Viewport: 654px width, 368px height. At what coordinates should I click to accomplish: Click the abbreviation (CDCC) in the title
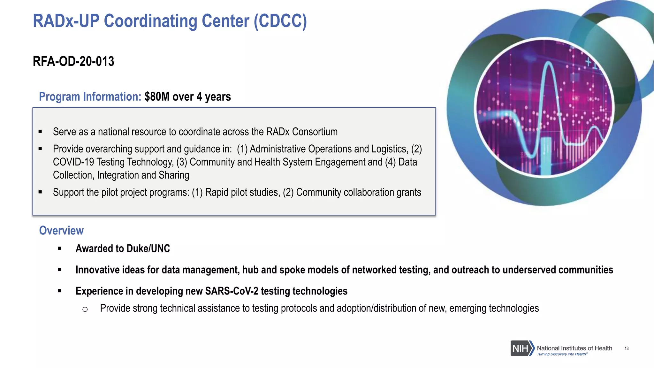[280, 21]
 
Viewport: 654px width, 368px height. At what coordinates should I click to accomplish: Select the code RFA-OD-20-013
[73, 61]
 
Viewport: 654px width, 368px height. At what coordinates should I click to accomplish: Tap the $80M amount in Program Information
[157, 96]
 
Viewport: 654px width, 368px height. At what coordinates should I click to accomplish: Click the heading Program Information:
[90, 96]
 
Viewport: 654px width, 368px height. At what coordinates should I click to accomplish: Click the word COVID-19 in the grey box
[73, 162]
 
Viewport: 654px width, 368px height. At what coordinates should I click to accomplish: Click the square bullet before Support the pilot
[40, 192]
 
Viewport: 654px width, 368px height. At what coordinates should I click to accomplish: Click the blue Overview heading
[61, 230]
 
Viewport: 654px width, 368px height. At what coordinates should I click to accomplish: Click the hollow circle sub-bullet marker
[85, 309]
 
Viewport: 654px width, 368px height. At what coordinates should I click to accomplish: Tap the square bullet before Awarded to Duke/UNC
[60, 248]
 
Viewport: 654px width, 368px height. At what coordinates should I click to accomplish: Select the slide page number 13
[627, 349]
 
